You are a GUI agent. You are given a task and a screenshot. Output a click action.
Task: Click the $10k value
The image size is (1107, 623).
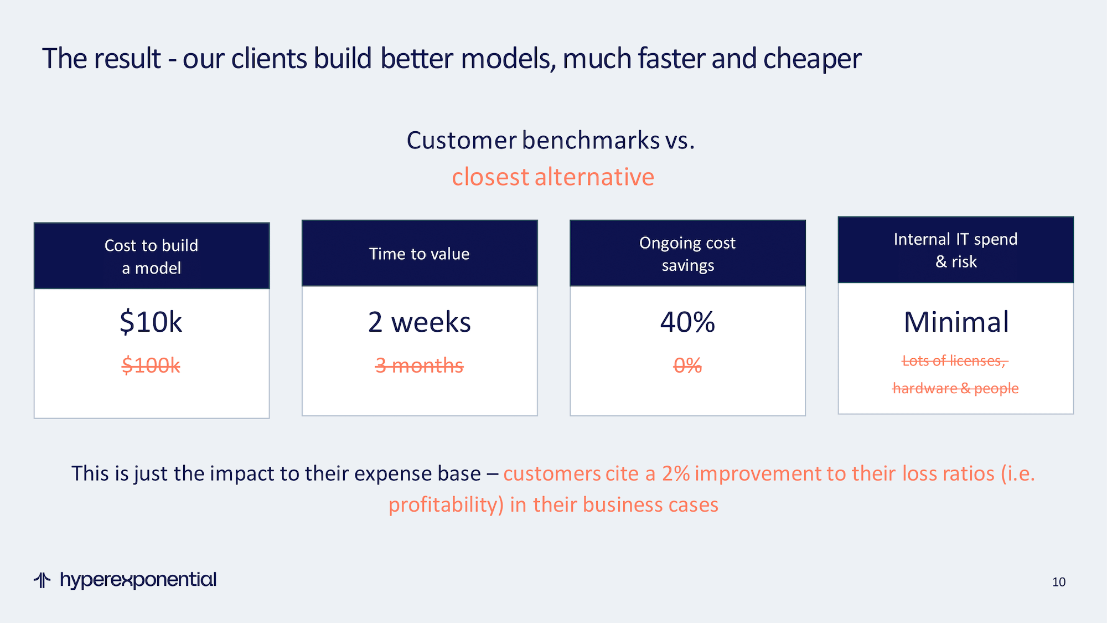point(151,322)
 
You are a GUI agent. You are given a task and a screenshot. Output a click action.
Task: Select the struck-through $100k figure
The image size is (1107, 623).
point(151,365)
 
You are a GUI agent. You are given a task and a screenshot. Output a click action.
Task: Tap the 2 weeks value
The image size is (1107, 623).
point(419,322)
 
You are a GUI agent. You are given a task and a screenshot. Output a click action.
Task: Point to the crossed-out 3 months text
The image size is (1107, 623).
point(419,365)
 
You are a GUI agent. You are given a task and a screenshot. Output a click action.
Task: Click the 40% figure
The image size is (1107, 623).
point(687,322)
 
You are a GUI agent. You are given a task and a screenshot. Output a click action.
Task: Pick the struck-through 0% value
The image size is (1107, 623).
point(687,365)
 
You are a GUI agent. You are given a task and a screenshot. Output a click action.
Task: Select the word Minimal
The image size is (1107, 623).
point(956,322)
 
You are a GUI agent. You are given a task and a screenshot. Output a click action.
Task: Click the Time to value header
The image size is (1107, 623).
point(419,254)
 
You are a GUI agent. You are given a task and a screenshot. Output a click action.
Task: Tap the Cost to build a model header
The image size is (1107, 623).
point(151,256)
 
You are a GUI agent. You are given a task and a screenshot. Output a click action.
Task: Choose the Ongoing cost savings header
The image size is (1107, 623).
point(687,254)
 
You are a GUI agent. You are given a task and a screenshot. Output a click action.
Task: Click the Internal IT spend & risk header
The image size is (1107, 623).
point(956,250)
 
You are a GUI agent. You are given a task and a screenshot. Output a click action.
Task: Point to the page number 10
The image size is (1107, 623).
point(1059,582)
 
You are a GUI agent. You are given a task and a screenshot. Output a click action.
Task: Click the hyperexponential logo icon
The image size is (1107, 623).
point(42,580)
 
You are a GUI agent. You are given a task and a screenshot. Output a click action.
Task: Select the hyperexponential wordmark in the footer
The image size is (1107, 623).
point(138,580)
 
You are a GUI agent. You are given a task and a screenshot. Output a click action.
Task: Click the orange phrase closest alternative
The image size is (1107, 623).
point(553,177)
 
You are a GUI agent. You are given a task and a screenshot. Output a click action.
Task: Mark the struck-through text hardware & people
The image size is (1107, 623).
point(956,388)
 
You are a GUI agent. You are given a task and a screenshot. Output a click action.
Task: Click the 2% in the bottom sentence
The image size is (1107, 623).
point(676,473)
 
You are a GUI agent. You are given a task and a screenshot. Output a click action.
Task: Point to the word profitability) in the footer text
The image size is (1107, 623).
point(446,505)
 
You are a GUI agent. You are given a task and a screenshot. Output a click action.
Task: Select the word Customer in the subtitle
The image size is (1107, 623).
point(462,140)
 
